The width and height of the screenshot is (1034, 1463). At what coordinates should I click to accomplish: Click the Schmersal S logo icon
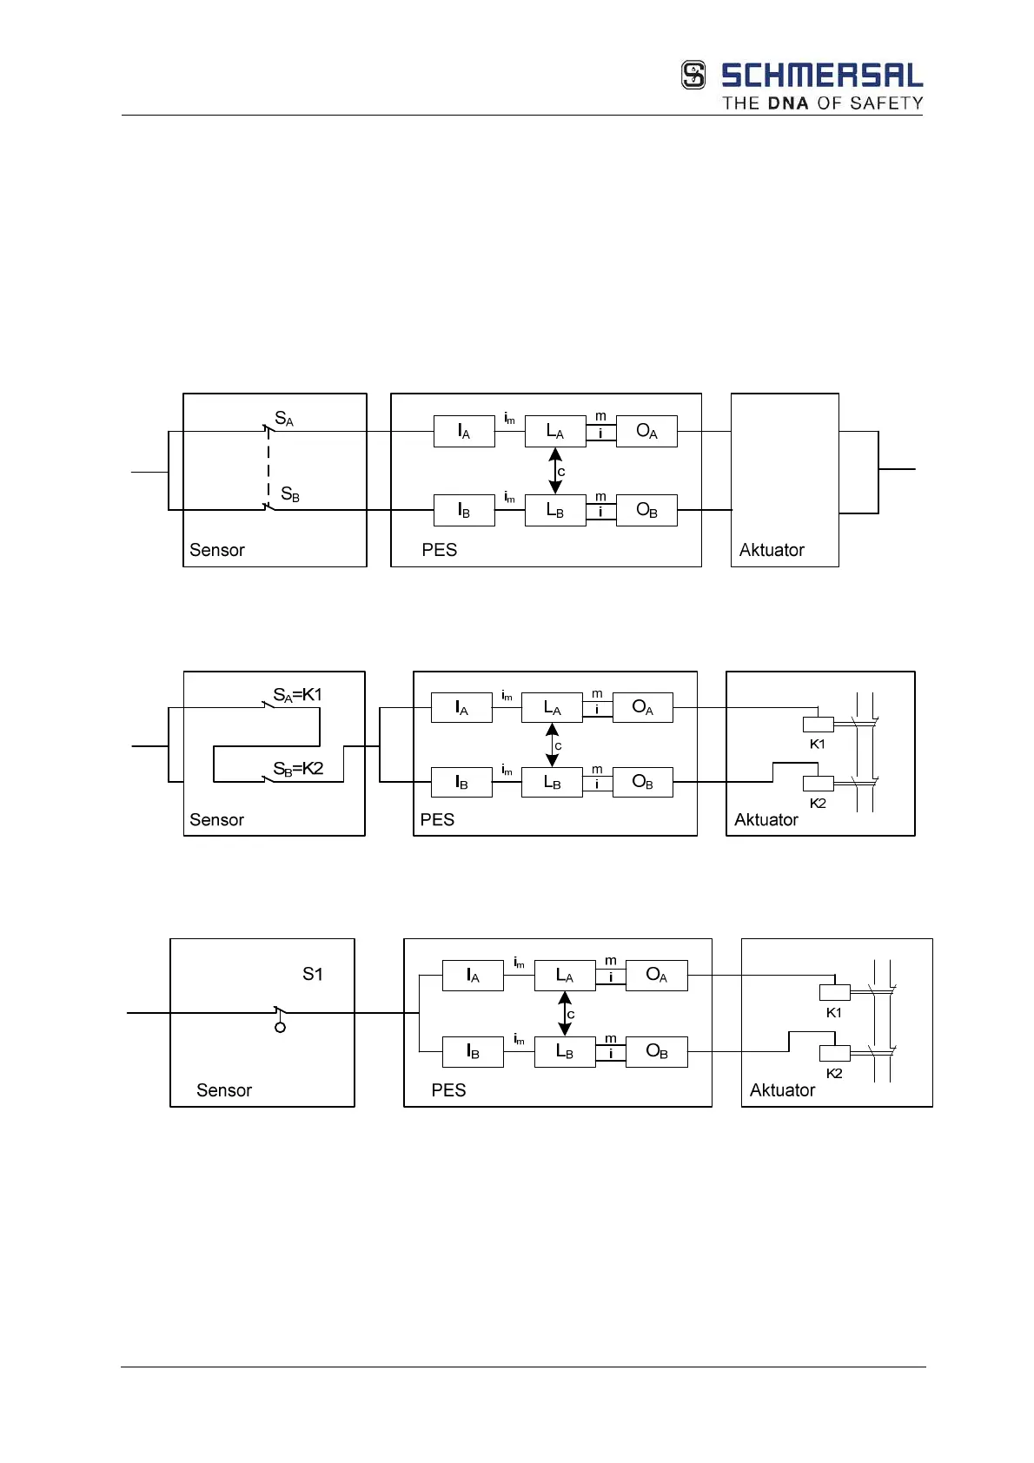pyautogui.click(x=693, y=75)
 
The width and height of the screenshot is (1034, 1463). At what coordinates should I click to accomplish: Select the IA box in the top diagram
pyautogui.click(x=464, y=432)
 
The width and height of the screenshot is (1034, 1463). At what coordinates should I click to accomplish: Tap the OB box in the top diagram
pyautogui.click(x=646, y=511)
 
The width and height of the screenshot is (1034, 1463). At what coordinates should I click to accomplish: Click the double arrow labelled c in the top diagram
pyautogui.click(x=555, y=471)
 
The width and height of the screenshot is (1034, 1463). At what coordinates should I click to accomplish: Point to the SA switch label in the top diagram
pyautogui.click(x=284, y=419)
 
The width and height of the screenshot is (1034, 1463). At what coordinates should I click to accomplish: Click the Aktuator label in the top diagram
pyautogui.click(x=772, y=550)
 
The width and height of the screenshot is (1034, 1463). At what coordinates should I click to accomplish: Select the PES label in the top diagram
pyautogui.click(x=439, y=550)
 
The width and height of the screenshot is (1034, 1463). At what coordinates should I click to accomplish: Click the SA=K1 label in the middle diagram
pyautogui.click(x=297, y=695)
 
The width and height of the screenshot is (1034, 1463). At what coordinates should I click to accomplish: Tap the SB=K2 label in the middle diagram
pyautogui.click(x=298, y=769)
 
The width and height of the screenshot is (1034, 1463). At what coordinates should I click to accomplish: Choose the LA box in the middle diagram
pyautogui.click(x=552, y=708)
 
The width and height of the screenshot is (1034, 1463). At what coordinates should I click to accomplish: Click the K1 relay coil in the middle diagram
pyautogui.click(x=818, y=725)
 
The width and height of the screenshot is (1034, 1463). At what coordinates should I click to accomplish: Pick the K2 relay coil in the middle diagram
pyautogui.click(x=818, y=784)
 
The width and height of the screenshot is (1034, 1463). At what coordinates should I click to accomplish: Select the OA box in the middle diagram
pyautogui.click(x=643, y=708)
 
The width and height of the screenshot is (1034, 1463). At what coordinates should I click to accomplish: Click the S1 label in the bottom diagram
pyautogui.click(x=313, y=975)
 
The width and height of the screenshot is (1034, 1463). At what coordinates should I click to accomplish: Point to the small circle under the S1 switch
pyautogui.click(x=280, y=1028)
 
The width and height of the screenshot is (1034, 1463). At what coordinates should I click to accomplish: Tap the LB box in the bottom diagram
pyautogui.click(x=565, y=1052)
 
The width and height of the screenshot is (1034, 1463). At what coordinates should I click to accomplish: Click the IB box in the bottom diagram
pyautogui.click(x=473, y=1052)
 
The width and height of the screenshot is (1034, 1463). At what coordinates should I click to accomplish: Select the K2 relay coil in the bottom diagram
pyautogui.click(x=834, y=1054)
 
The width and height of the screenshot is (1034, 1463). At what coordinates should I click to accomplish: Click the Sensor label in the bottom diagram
pyautogui.click(x=224, y=1090)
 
